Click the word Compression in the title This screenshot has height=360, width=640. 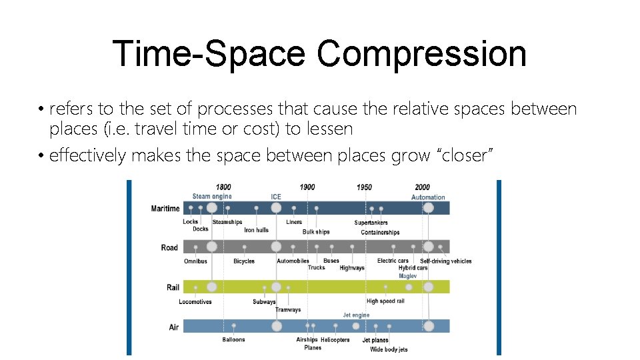pyautogui.click(x=421, y=53)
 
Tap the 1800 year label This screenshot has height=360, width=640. pyautogui.click(x=223, y=187)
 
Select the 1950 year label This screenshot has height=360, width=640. pyautogui.click(x=364, y=187)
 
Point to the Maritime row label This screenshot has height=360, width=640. pyautogui.click(x=165, y=209)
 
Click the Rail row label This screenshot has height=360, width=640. pyautogui.click(x=173, y=287)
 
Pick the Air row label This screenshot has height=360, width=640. pyautogui.click(x=174, y=327)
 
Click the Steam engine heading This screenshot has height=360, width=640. pyautogui.click(x=212, y=197)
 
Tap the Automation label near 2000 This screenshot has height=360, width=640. pyautogui.click(x=428, y=197)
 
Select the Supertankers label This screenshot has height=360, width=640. pyautogui.click(x=371, y=223)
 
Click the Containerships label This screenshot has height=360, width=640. pyautogui.click(x=380, y=233)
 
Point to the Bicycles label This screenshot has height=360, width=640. pyautogui.click(x=244, y=261)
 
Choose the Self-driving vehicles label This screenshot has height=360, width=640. pyautogui.click(x=445, y=261)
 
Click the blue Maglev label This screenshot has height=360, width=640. pyautogui.click(x=407, y=276)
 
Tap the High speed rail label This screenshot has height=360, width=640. pyautogui.click(x=385, y=301)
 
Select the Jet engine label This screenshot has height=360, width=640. pyautogui.click(x=356, y=315)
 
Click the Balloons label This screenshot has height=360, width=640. pyautogui.click(x=233, y=340)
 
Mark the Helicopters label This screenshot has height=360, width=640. pyautogui.click(x=335, y=340)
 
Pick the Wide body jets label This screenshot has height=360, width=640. pyautogui.click(x=389, y=349)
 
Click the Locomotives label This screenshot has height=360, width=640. pyautogui.click(x=195, y=302)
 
